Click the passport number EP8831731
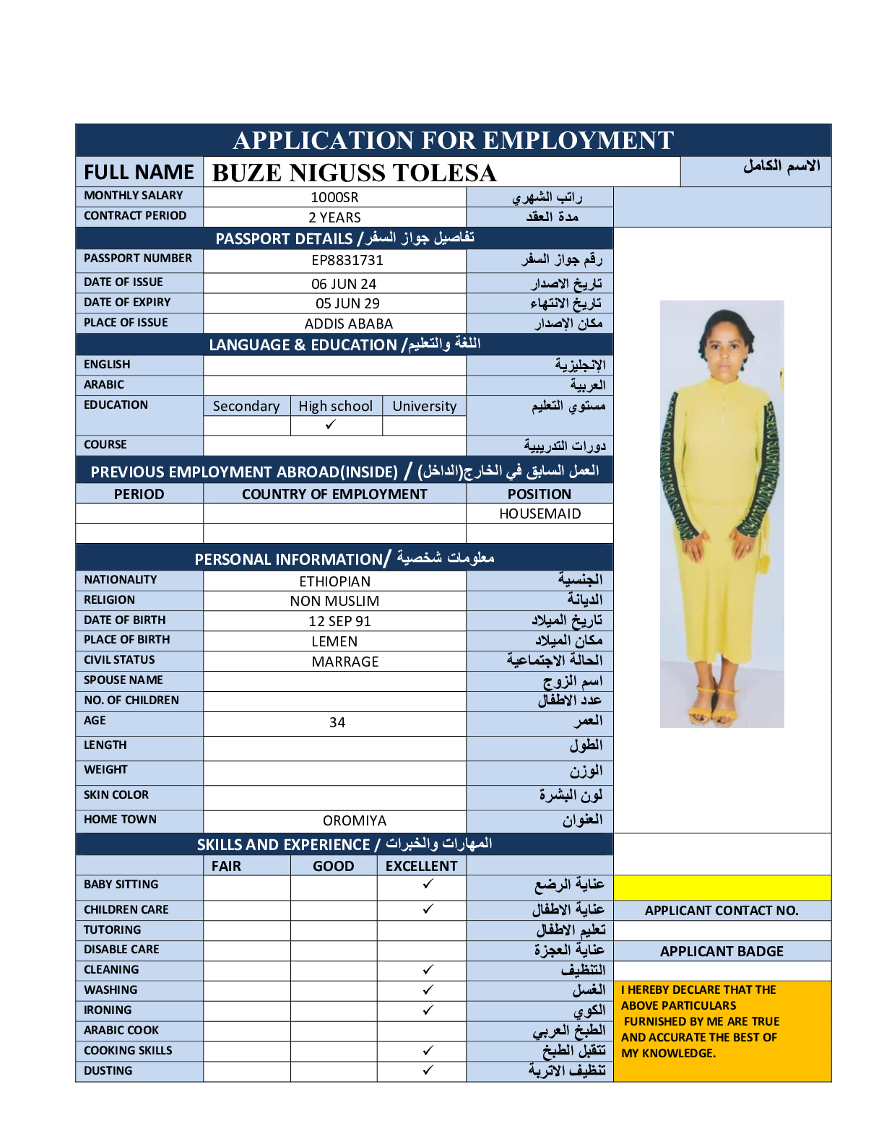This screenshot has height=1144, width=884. (347, 260)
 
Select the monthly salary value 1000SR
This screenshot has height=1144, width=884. (334, 197)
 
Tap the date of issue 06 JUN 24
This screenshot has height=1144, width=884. (344, 284)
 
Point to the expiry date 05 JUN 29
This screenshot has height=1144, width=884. (347, 303)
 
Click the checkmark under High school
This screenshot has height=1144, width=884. (331, 425)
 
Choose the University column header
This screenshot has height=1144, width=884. (424, 406)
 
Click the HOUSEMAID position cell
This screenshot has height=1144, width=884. (539, 513)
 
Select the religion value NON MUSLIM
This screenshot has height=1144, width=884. (334, 601)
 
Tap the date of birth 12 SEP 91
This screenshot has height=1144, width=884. (339, 621)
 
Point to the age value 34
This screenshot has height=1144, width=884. (337, 722)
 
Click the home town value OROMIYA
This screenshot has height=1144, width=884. (355, 820)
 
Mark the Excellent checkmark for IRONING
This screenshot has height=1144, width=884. (428, 1010)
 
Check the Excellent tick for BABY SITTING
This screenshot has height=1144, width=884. (428, 883)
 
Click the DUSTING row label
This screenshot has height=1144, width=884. (108, 1070)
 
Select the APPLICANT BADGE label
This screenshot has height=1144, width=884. (721, 951)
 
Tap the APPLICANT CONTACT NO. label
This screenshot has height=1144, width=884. (721, 910)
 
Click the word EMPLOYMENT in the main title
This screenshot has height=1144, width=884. (578, 140)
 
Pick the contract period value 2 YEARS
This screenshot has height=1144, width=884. (334, 217)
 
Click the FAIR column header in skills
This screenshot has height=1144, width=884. (226, 866)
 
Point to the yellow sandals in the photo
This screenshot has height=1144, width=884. (715, 707)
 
